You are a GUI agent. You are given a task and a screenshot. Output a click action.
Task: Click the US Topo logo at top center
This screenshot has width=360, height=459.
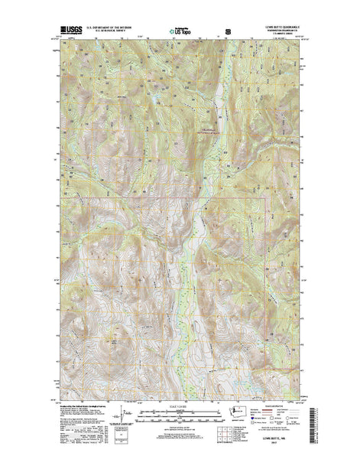coord(181,31)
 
